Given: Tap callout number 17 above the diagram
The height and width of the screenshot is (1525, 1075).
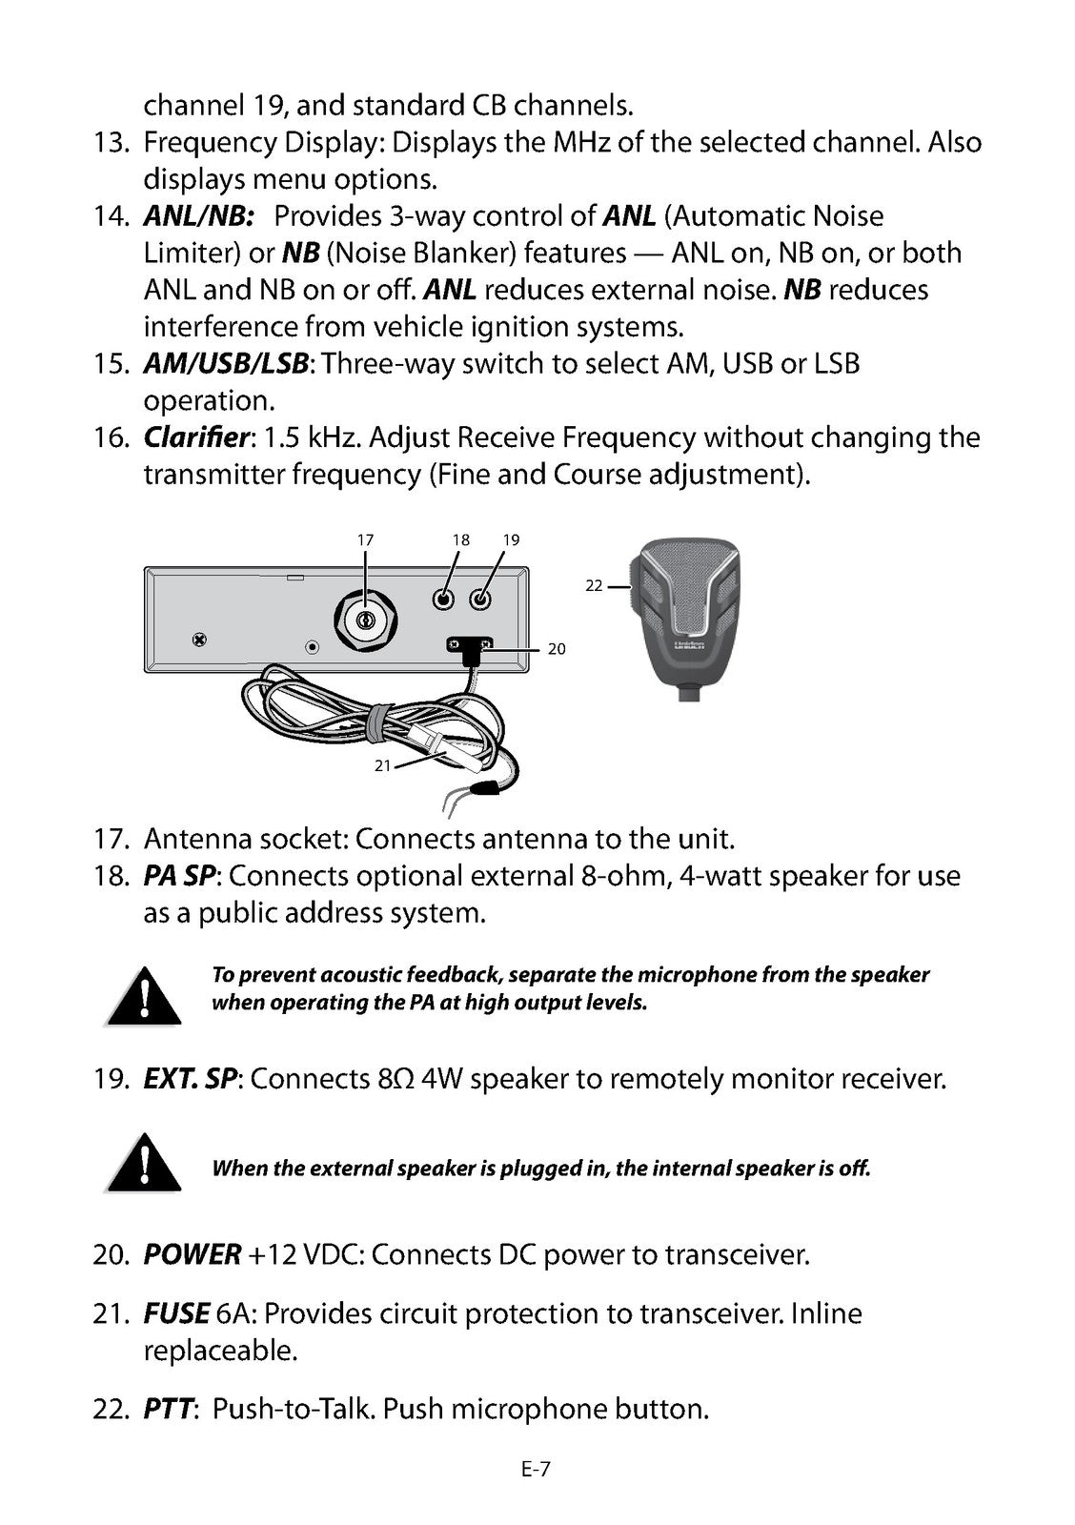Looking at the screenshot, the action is [365, 539].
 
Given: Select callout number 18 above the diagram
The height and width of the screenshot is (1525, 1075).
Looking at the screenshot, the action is [461, 539].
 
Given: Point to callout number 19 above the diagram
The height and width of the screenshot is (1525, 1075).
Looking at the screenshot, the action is [511, 539].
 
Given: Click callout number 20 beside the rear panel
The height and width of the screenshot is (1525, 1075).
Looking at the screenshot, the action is [557, 649].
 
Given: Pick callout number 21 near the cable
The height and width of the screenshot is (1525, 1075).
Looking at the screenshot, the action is [382, 766].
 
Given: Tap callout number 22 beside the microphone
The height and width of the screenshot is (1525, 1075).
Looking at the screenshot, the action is [594, 585].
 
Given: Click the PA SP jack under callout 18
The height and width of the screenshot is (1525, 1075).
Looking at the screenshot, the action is [443, 600].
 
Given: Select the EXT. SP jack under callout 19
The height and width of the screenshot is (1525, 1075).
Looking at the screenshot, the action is [480, 600].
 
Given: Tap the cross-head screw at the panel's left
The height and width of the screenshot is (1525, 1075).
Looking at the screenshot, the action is [199, 640].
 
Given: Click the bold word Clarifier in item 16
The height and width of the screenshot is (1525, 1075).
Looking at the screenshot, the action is [196, 437].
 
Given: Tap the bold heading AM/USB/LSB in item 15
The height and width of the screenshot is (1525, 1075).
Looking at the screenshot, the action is [226, 364].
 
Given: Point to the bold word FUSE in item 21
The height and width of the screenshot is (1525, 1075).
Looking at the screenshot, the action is [175, 1313].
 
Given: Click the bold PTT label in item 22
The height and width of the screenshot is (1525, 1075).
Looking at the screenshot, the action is [168, 1409].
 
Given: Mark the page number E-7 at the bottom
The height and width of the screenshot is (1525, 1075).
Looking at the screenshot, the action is [536, 1470].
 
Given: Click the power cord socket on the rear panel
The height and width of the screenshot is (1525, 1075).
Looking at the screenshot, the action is [470, 645].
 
